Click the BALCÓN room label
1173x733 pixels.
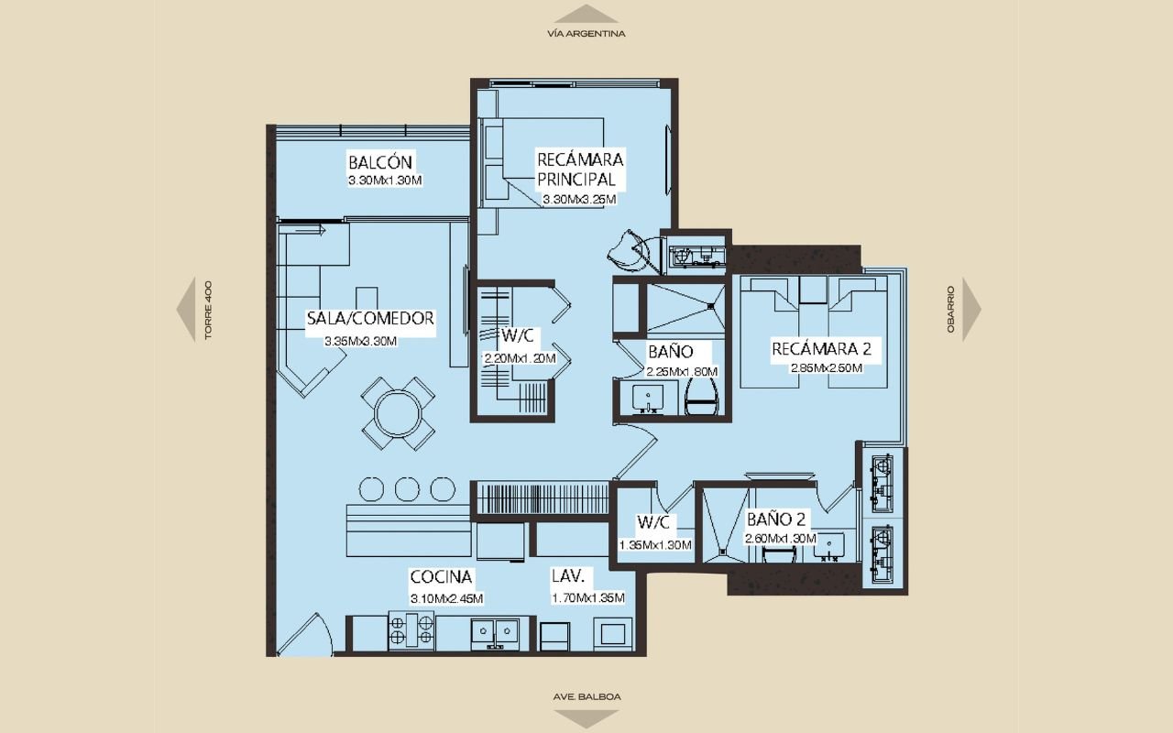380,162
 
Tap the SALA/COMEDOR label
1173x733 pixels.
370,318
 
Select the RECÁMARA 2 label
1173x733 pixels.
822,349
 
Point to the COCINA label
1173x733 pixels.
441,576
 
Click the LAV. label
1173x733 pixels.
567,576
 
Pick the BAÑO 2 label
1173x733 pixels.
776,520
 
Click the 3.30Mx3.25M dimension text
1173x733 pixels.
579,200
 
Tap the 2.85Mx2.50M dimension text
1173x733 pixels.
827,368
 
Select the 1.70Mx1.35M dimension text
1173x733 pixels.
588,598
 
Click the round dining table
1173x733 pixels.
398,413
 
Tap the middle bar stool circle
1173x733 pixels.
407,489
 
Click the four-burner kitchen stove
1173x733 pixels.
411,630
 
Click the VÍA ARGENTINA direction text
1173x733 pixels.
586,34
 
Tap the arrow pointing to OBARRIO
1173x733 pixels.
971,310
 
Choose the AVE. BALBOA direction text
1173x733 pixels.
586,697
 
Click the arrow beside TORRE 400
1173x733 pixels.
186,310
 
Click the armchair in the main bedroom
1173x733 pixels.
629,250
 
